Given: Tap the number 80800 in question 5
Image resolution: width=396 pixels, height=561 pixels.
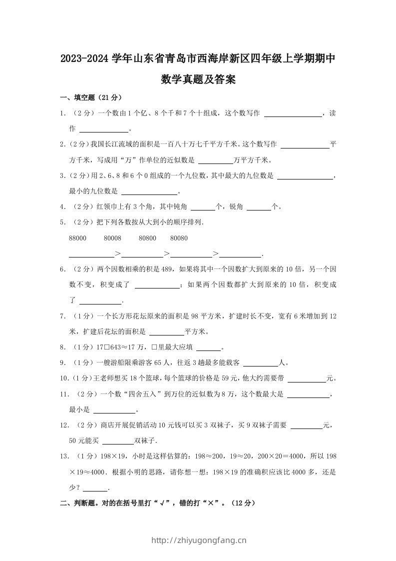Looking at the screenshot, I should [x=147, y=238].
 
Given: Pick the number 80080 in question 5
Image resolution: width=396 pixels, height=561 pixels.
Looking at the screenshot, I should [x=179, y=238].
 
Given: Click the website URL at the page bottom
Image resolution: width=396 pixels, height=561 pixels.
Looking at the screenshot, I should [x=198, y=540].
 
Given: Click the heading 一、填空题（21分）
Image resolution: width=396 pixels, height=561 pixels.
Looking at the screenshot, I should [x=91, y=97].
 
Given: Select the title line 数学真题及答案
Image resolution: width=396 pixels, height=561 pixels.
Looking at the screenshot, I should [x=198, y=79].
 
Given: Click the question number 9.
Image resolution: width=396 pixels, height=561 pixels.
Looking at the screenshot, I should [x=62, y=362].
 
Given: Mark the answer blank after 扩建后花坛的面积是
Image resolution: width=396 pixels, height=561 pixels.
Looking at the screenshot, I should [x=167, y=332].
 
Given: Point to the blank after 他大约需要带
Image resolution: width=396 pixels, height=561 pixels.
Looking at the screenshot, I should [x=307, y=379].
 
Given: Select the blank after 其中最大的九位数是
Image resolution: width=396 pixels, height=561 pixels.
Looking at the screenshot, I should [x=305, y=176].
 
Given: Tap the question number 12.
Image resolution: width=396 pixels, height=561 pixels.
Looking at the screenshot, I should [x=63, y=425].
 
